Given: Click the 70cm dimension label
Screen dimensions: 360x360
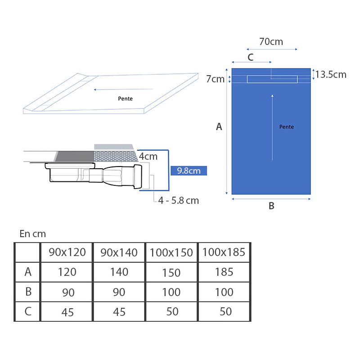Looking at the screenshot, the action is click(271, 42).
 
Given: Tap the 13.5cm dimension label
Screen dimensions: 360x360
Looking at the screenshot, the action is click(331, 75).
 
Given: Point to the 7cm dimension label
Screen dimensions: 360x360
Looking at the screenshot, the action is click(215, 79).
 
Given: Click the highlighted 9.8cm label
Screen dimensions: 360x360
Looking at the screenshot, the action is click(189, 171).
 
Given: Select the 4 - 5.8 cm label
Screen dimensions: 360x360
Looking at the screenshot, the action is click(178, 200).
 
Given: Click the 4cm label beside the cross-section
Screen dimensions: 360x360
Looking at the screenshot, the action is click(148, 156).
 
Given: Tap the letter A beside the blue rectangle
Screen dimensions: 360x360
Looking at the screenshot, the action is click(219, 126).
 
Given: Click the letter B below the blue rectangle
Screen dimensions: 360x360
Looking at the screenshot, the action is click(271, 206).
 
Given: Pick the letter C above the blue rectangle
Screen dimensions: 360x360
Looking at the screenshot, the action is click(251, 57).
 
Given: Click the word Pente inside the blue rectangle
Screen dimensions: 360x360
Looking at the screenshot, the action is click(287, 127).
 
